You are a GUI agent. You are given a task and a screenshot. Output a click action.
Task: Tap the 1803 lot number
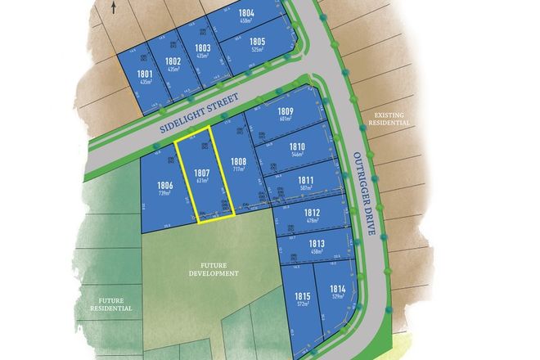[x=203, y=48]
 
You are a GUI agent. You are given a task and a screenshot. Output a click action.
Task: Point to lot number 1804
[x=246, y=14]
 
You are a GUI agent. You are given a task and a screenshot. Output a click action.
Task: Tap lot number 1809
[x=286, y=111]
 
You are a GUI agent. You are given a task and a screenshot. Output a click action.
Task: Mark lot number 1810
[x=297, y=146]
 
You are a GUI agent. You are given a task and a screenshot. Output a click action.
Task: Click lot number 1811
[x=306, y=180]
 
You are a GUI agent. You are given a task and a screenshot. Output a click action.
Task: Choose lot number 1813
[x=317, y=243]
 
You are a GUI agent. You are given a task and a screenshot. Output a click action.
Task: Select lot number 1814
[x=337, y=289]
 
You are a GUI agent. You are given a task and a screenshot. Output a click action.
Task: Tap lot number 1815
[x=303, y=295]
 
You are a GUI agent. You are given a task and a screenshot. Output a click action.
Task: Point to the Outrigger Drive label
[x=364, y=192]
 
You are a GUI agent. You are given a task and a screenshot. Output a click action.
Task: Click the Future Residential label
[x=111, y=304]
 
